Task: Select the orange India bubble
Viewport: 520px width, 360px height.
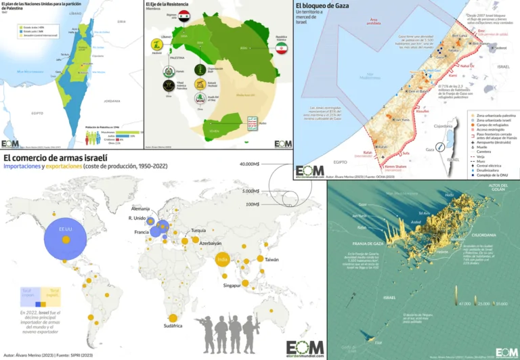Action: pos(222,260)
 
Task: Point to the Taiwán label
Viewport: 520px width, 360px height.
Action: pos(271,259)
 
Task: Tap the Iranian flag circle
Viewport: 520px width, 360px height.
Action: pos(282,51)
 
